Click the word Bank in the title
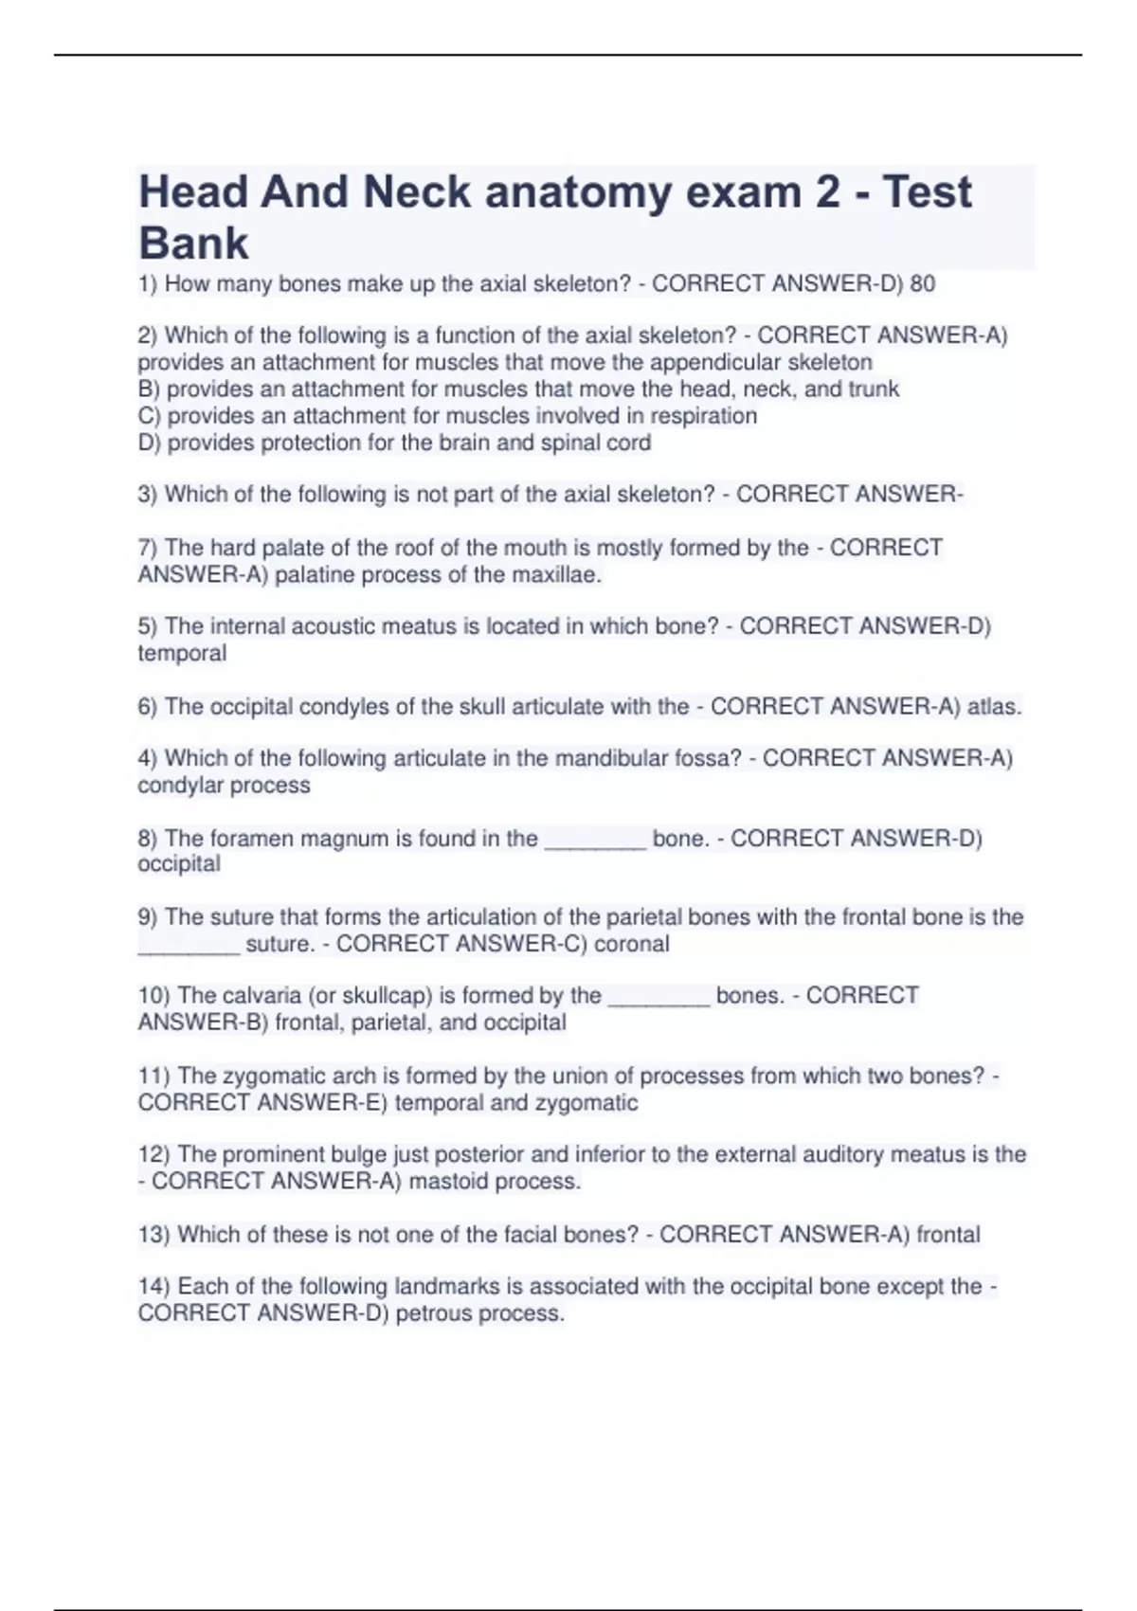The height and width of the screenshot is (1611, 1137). (x=193, y=243)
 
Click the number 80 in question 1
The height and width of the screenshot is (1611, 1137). (x=922, y=283)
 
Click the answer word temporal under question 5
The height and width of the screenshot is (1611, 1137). (x=182, y=653)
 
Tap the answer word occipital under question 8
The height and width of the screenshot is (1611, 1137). (x=179, y=864)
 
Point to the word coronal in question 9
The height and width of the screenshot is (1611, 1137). (x=632, y=944)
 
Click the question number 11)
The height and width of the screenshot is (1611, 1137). (x=154, y=1076)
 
